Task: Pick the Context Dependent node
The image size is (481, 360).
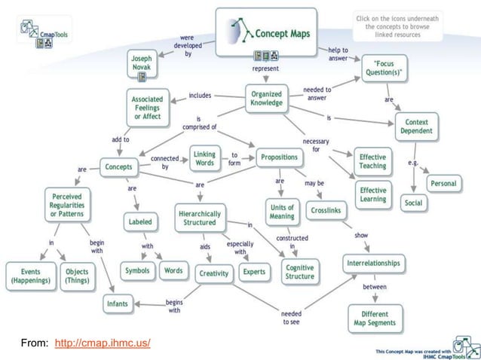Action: coord(417,126)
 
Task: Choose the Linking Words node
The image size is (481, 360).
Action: coord(204,159)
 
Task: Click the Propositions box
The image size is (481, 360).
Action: coord(279,157)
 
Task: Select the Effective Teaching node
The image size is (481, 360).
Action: coord(372,160)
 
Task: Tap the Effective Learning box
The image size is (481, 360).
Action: coord(372,194)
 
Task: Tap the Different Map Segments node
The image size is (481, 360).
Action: coord(375,318)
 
